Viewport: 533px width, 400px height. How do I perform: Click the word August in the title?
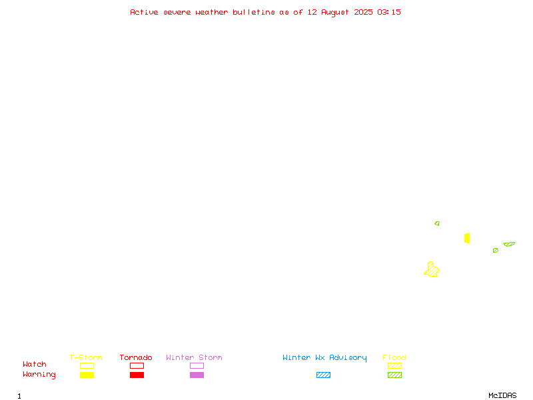335,13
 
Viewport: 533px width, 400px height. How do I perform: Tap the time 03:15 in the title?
389,12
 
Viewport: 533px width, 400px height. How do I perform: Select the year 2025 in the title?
363,12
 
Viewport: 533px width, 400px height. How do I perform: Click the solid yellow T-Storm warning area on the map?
467,238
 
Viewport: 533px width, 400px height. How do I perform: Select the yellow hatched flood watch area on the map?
432,270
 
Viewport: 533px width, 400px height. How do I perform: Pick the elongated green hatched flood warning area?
509,244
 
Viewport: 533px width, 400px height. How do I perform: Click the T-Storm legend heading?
86,357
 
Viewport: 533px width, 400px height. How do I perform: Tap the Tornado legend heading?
136,357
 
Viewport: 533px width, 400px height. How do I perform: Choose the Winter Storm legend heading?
194,357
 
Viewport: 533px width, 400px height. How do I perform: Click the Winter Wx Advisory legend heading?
324,358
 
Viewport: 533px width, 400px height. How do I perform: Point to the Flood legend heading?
394,357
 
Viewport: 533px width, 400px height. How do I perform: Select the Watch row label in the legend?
35,364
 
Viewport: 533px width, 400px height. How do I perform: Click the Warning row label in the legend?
39,375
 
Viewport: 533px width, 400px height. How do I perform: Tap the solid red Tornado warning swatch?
137,375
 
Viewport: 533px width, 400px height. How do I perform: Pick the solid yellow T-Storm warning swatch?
87,375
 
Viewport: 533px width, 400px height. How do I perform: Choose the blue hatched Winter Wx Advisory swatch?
323,375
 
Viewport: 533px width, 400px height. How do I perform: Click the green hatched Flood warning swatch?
394,375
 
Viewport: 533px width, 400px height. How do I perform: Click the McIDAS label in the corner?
502,395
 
